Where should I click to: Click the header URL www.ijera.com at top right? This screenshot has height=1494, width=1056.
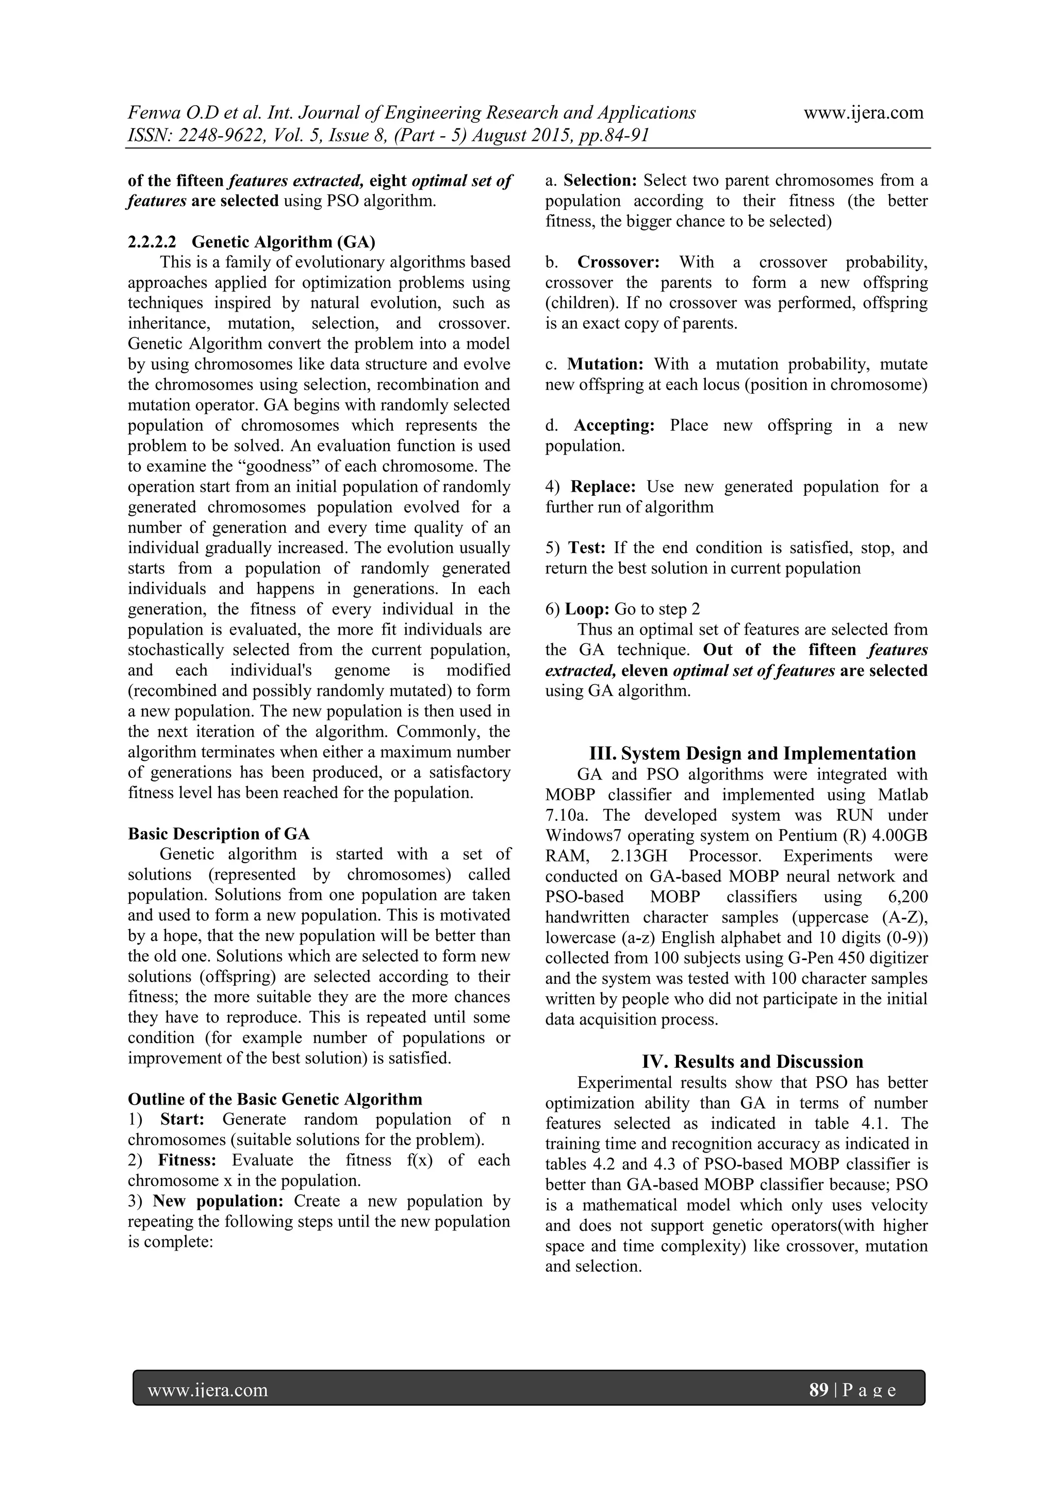coord(864,112)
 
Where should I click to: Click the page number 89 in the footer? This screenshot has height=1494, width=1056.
coord(818,1390)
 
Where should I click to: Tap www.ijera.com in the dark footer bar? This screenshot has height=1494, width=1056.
coord(208,1390)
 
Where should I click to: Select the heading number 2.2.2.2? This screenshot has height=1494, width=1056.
coord(152,242)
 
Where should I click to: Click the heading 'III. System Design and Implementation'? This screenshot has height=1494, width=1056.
coord(752,754)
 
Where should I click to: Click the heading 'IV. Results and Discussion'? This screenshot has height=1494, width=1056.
coord(752,1062)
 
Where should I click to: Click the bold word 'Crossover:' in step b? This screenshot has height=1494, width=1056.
coord(618,262)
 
